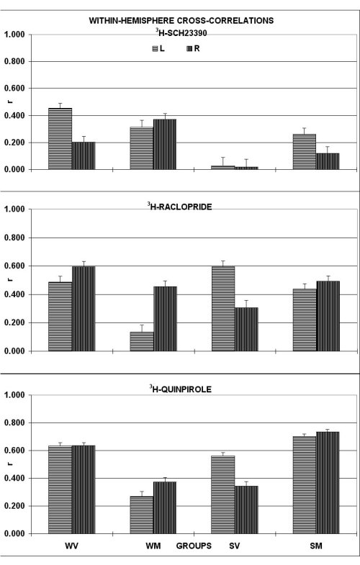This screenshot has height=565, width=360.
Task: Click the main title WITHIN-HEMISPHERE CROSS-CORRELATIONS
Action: coord(181,21)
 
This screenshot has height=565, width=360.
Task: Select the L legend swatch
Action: coord(155,49)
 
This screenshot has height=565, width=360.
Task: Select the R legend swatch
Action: coord(189,49)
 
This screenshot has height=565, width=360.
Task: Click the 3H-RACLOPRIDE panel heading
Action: coord(179,207)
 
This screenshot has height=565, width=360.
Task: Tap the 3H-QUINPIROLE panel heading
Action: coord(181,389)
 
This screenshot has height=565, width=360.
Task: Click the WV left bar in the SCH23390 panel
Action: coord(60,139)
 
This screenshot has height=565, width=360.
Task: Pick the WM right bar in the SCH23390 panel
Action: coord(165,144)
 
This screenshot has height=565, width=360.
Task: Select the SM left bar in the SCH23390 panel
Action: coord(305,152)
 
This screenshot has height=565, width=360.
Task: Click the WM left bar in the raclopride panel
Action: coord(142,342)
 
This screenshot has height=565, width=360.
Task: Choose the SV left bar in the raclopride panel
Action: coord(223,309)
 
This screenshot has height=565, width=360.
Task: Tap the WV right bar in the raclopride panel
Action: coord(84,309)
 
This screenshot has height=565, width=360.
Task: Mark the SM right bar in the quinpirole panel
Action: coord(328,483)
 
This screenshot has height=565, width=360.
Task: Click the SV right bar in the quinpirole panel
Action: coord(246,510)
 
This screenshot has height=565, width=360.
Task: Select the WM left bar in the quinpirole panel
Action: coord(142,515)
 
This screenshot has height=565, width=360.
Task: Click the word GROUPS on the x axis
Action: coord(194,546)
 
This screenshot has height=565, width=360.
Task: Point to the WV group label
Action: coord(72,546)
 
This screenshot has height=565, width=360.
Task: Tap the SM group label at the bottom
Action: coord(316,546)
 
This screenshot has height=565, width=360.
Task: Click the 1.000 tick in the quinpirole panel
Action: coord(14,395)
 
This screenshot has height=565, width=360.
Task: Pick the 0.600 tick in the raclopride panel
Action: coord(14,266)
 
